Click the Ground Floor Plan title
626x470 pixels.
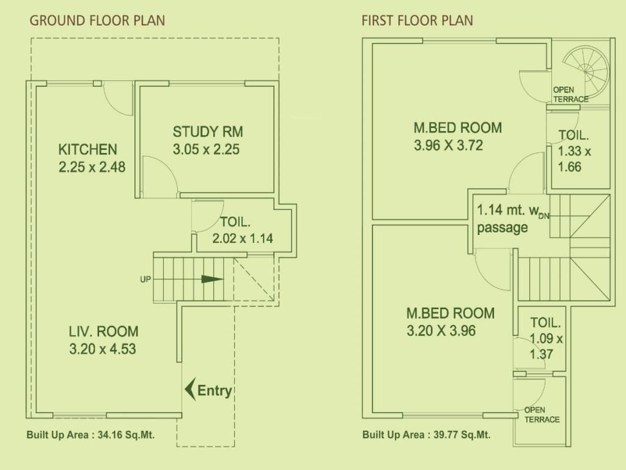click(x=97, y=21)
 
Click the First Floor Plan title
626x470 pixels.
click(x=417, y=21)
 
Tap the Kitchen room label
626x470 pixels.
click(x=87, y=149)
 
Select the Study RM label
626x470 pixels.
click(x=208, y=132)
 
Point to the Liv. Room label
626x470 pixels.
click(x=103, y=332)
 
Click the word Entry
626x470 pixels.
click(x=215, y=391)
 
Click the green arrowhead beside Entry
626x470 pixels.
click(x=190, y=389)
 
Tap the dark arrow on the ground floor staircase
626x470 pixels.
click(x=212, y=279)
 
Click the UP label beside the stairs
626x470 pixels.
click(x=145, y=279)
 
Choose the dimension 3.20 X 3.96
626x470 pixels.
click(x=441, y=331)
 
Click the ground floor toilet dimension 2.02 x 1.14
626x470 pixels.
click(x=243, y=239)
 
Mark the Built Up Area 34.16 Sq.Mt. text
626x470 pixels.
click(x=90, y=436)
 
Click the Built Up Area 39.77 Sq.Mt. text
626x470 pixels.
click(x=426, y=436)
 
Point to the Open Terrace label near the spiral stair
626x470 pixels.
click(x=570, y=94)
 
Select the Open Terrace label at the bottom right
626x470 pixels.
click(x=542, y=414)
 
